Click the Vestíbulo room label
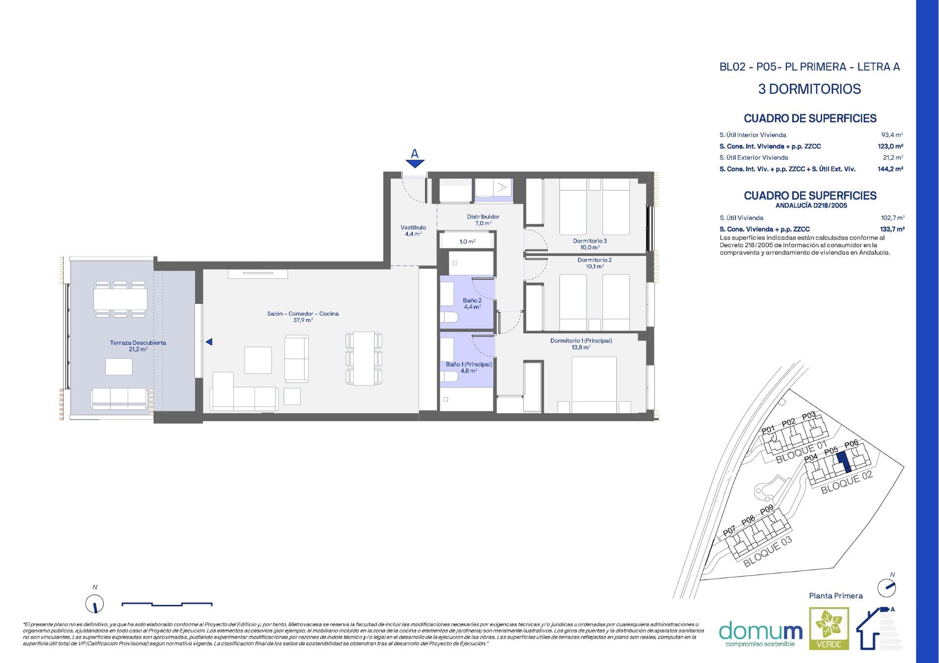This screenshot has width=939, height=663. [x=413, y=231]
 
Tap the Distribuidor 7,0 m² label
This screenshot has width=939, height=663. [x=483, y=220]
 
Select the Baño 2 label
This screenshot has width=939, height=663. [x=472, y=303]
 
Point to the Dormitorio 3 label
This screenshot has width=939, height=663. [x=590, y=244]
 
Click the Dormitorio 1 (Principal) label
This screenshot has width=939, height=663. [x=581, y=343]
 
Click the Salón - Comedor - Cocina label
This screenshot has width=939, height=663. [x=303, y=317]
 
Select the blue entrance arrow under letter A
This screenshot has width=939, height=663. [x=415, y=164]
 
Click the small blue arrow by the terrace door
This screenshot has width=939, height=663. [x=209, y=342]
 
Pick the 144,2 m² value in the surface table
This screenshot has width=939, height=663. [x=890, y=169]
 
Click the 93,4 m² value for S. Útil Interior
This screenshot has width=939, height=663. [x=892, y=135]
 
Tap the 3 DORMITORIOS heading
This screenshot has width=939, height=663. [x=809, y=89]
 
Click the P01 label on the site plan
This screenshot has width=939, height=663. [x=768, y=430]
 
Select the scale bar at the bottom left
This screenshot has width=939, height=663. [x=167, y=604]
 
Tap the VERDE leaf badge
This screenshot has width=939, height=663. [x=829, y=628]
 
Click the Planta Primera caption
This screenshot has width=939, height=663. [x=836, y=596]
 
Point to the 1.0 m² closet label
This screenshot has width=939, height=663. [x=467, y=241]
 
